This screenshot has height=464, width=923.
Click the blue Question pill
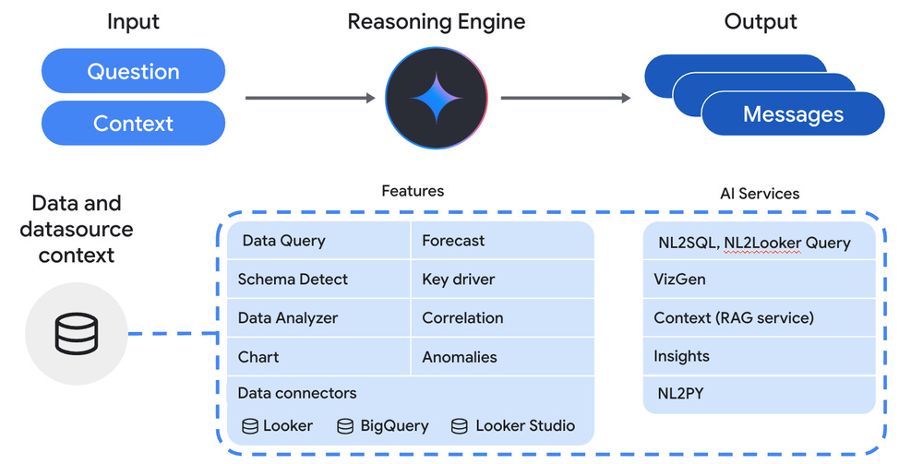[x=133, y=71]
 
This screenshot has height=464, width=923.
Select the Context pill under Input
[x=133, y=123]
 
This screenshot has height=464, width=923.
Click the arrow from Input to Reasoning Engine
[x=309, y=97]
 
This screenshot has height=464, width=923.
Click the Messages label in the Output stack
[x=793, y=114]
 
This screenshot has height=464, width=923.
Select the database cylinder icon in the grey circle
[x=76, y=333]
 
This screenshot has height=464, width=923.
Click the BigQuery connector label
[x=394, y=426]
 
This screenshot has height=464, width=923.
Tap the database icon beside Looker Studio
[x=459, y=426]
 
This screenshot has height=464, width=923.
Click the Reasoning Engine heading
[x=437, y=22]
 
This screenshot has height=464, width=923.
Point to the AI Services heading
[x=760, y=194]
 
